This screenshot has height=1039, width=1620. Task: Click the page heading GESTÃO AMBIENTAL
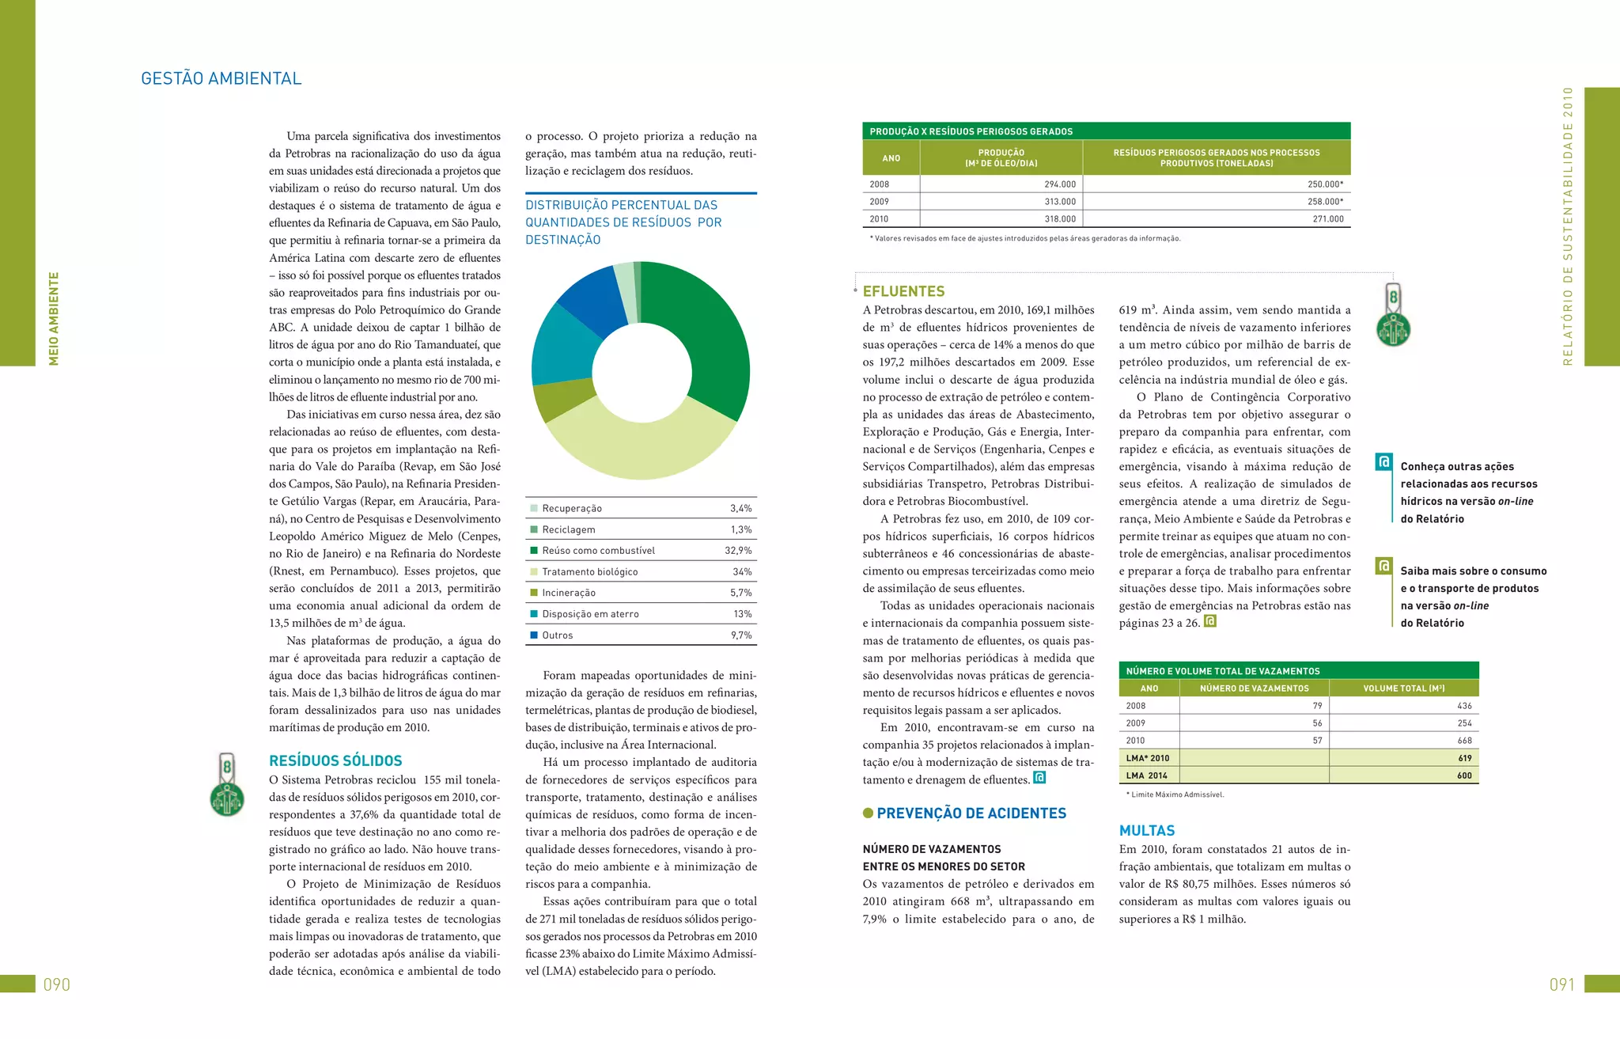pos(221,78)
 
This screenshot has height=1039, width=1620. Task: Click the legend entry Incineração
pos(568,593)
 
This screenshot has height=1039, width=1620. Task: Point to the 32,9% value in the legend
pos(738,551)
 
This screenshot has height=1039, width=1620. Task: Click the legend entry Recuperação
pos(571,509)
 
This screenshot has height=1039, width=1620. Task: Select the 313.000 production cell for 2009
pos(1059,202)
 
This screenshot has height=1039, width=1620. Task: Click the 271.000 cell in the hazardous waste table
pos(1327,219)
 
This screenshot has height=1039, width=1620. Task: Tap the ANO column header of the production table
pos(891,158)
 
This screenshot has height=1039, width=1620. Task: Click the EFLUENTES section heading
pos(903,291)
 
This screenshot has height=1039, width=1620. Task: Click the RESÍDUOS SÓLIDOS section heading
pos(335,761)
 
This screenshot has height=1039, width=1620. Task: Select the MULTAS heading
pos(1146,831)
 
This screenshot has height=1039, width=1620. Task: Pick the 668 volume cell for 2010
pos(1464,741)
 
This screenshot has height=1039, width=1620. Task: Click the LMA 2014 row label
pos(1146,775)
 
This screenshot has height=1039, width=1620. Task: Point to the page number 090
pos(57,985)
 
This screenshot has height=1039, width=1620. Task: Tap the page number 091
pos(1562,985)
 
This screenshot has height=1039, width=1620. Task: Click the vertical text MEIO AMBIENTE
pos(54,318)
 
